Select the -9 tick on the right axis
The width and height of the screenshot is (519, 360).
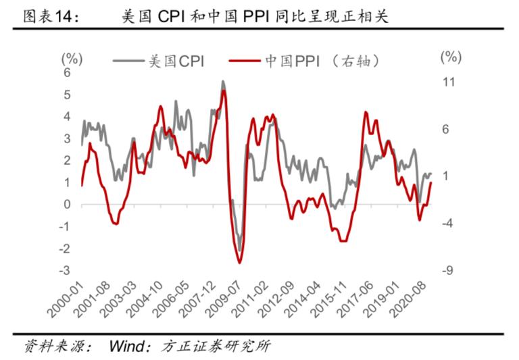coord(449,271)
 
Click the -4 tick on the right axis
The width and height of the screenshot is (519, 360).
coord(449,224)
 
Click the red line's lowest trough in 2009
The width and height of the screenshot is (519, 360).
coord(240,262)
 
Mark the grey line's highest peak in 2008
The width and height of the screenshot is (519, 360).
coord(223,82)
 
